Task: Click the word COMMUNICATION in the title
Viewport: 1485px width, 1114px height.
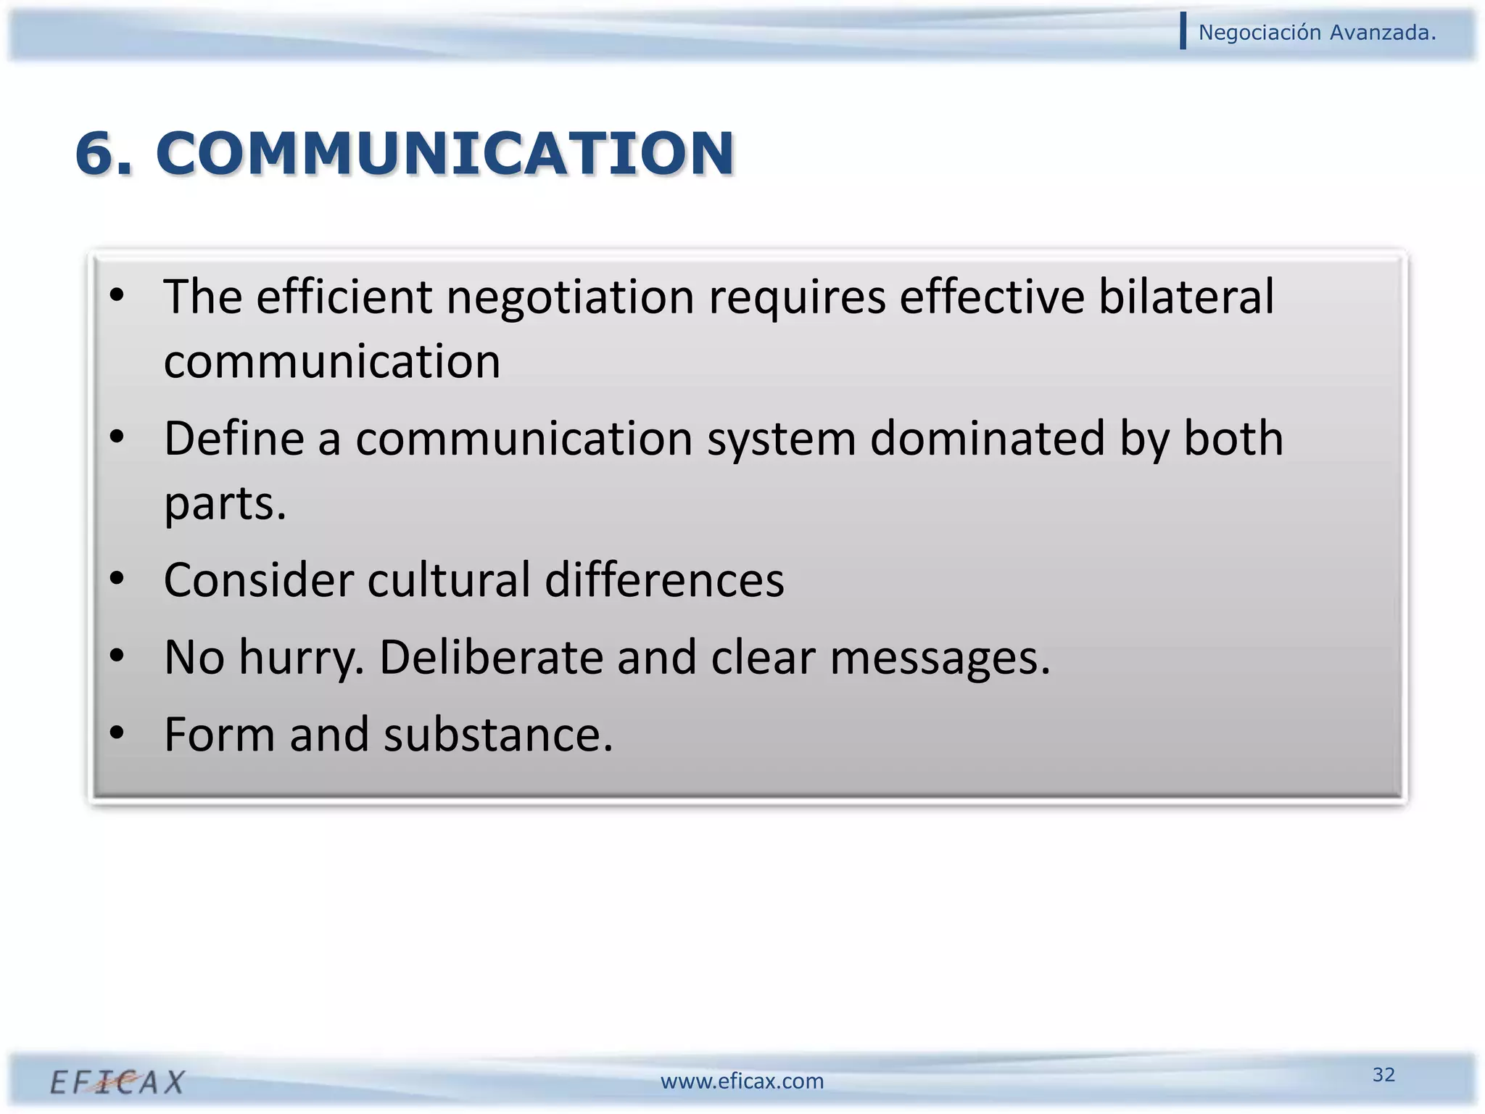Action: [445, 154]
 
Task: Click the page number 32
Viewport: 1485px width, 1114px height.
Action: [1383, 1074]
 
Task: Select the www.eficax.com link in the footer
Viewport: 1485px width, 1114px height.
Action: [742, 1081]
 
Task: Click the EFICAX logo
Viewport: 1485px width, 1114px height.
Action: [117, 1082]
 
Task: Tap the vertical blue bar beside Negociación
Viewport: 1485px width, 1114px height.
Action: [1183, 31]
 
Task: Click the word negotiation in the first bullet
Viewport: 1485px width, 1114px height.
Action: [570, 297]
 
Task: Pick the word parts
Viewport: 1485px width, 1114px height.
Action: [225, 504]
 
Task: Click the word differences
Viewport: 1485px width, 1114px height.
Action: [664, 580]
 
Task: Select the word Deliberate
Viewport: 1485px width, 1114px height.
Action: [491, 657]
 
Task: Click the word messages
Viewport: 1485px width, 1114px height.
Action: [940, 659]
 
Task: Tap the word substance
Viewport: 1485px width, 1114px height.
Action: [498, 735]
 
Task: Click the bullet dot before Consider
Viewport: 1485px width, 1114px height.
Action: [117, 579]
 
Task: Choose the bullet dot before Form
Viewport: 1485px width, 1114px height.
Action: [117, 733]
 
